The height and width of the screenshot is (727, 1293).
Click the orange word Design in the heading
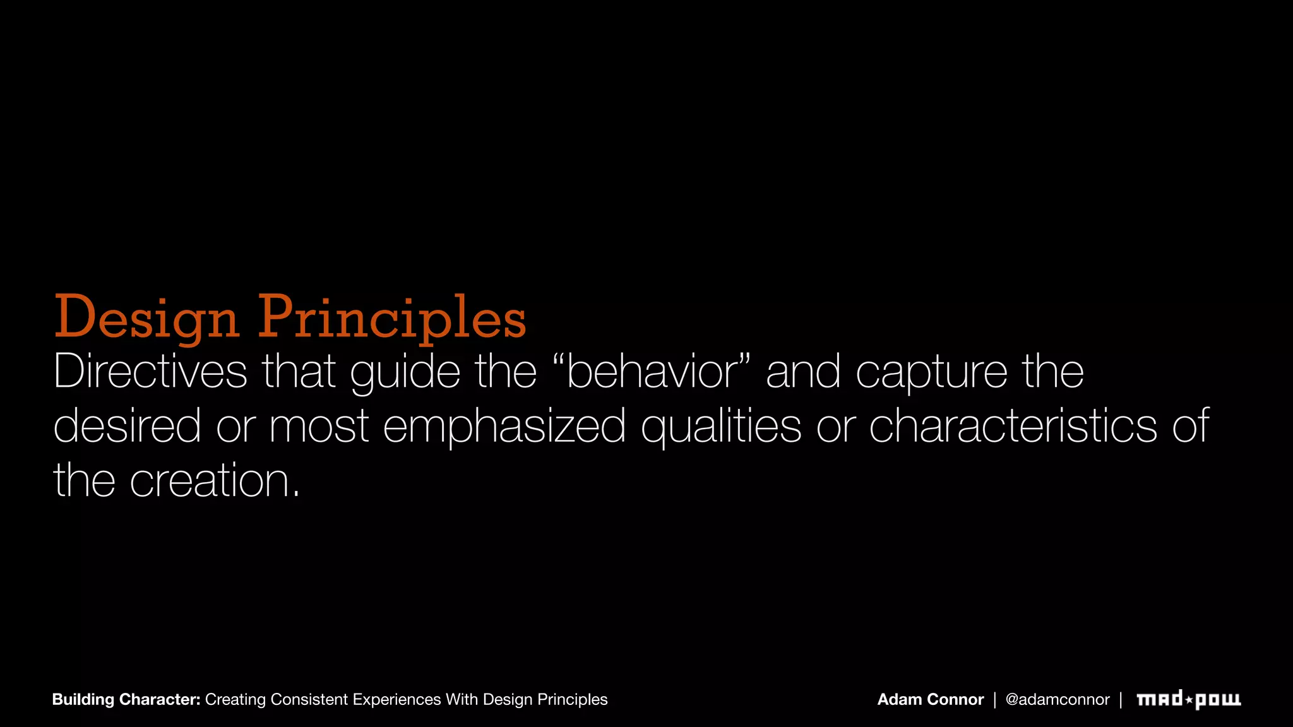pyautogui.click(x=146, y=317)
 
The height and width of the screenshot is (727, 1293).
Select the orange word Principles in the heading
pyautogui.click(x=391, y=317)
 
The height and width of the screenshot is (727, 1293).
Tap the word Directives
pyautogui.click(x=150, y=371)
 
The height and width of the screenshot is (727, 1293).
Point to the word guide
pyautogui.click(x=405, y=372)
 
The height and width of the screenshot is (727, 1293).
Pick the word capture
pyautogui.click(x=931, y=372)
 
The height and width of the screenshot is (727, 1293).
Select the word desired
pyautogui.click(x=127, y=425)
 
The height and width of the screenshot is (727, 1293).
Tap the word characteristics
pyautogui.click(x=1013, y=425)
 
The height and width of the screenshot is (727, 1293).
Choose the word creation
pyautogui.click(x=214, y=480)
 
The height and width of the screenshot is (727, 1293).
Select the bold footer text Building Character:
pyautogui.click(x=126, y=699)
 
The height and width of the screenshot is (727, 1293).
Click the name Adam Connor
pyautogui.click(x=930, y=699)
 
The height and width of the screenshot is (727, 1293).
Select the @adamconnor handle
pyautogui.click(x=1057, y=699)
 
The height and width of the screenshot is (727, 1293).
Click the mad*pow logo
pyautogui.click(x=1188, y=699)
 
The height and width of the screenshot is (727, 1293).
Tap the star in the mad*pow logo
pyautogui.click(x=1188, y=699)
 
